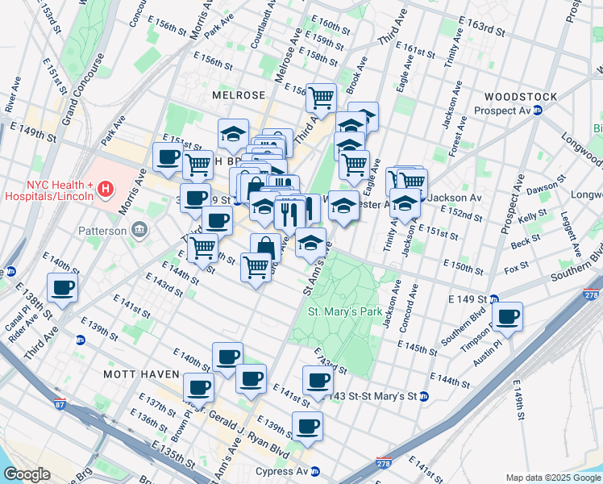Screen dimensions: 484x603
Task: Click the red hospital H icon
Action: tap(105, 190)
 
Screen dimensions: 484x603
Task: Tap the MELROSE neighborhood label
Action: tap(239, 95)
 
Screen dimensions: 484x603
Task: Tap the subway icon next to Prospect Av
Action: tap(537, 111)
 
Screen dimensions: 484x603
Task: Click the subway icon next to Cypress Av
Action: tap(315, 471)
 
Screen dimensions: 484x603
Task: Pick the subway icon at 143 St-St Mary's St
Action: tap(423, 396)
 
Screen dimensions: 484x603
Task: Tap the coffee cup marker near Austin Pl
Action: tap(507, 316)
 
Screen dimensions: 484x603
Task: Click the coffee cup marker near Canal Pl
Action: tap(62, 287)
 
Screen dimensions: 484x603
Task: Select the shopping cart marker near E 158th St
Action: tap(321, 98)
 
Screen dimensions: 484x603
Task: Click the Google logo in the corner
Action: tap(27, 474)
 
